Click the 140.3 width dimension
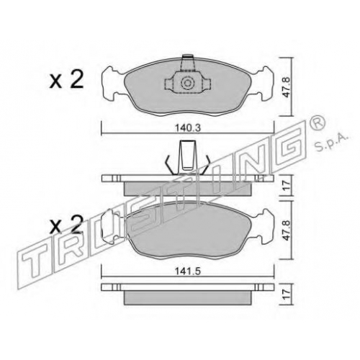(x=187, y=128)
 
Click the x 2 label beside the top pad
(x=66, y=79)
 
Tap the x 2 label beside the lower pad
(x=66, y=225)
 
